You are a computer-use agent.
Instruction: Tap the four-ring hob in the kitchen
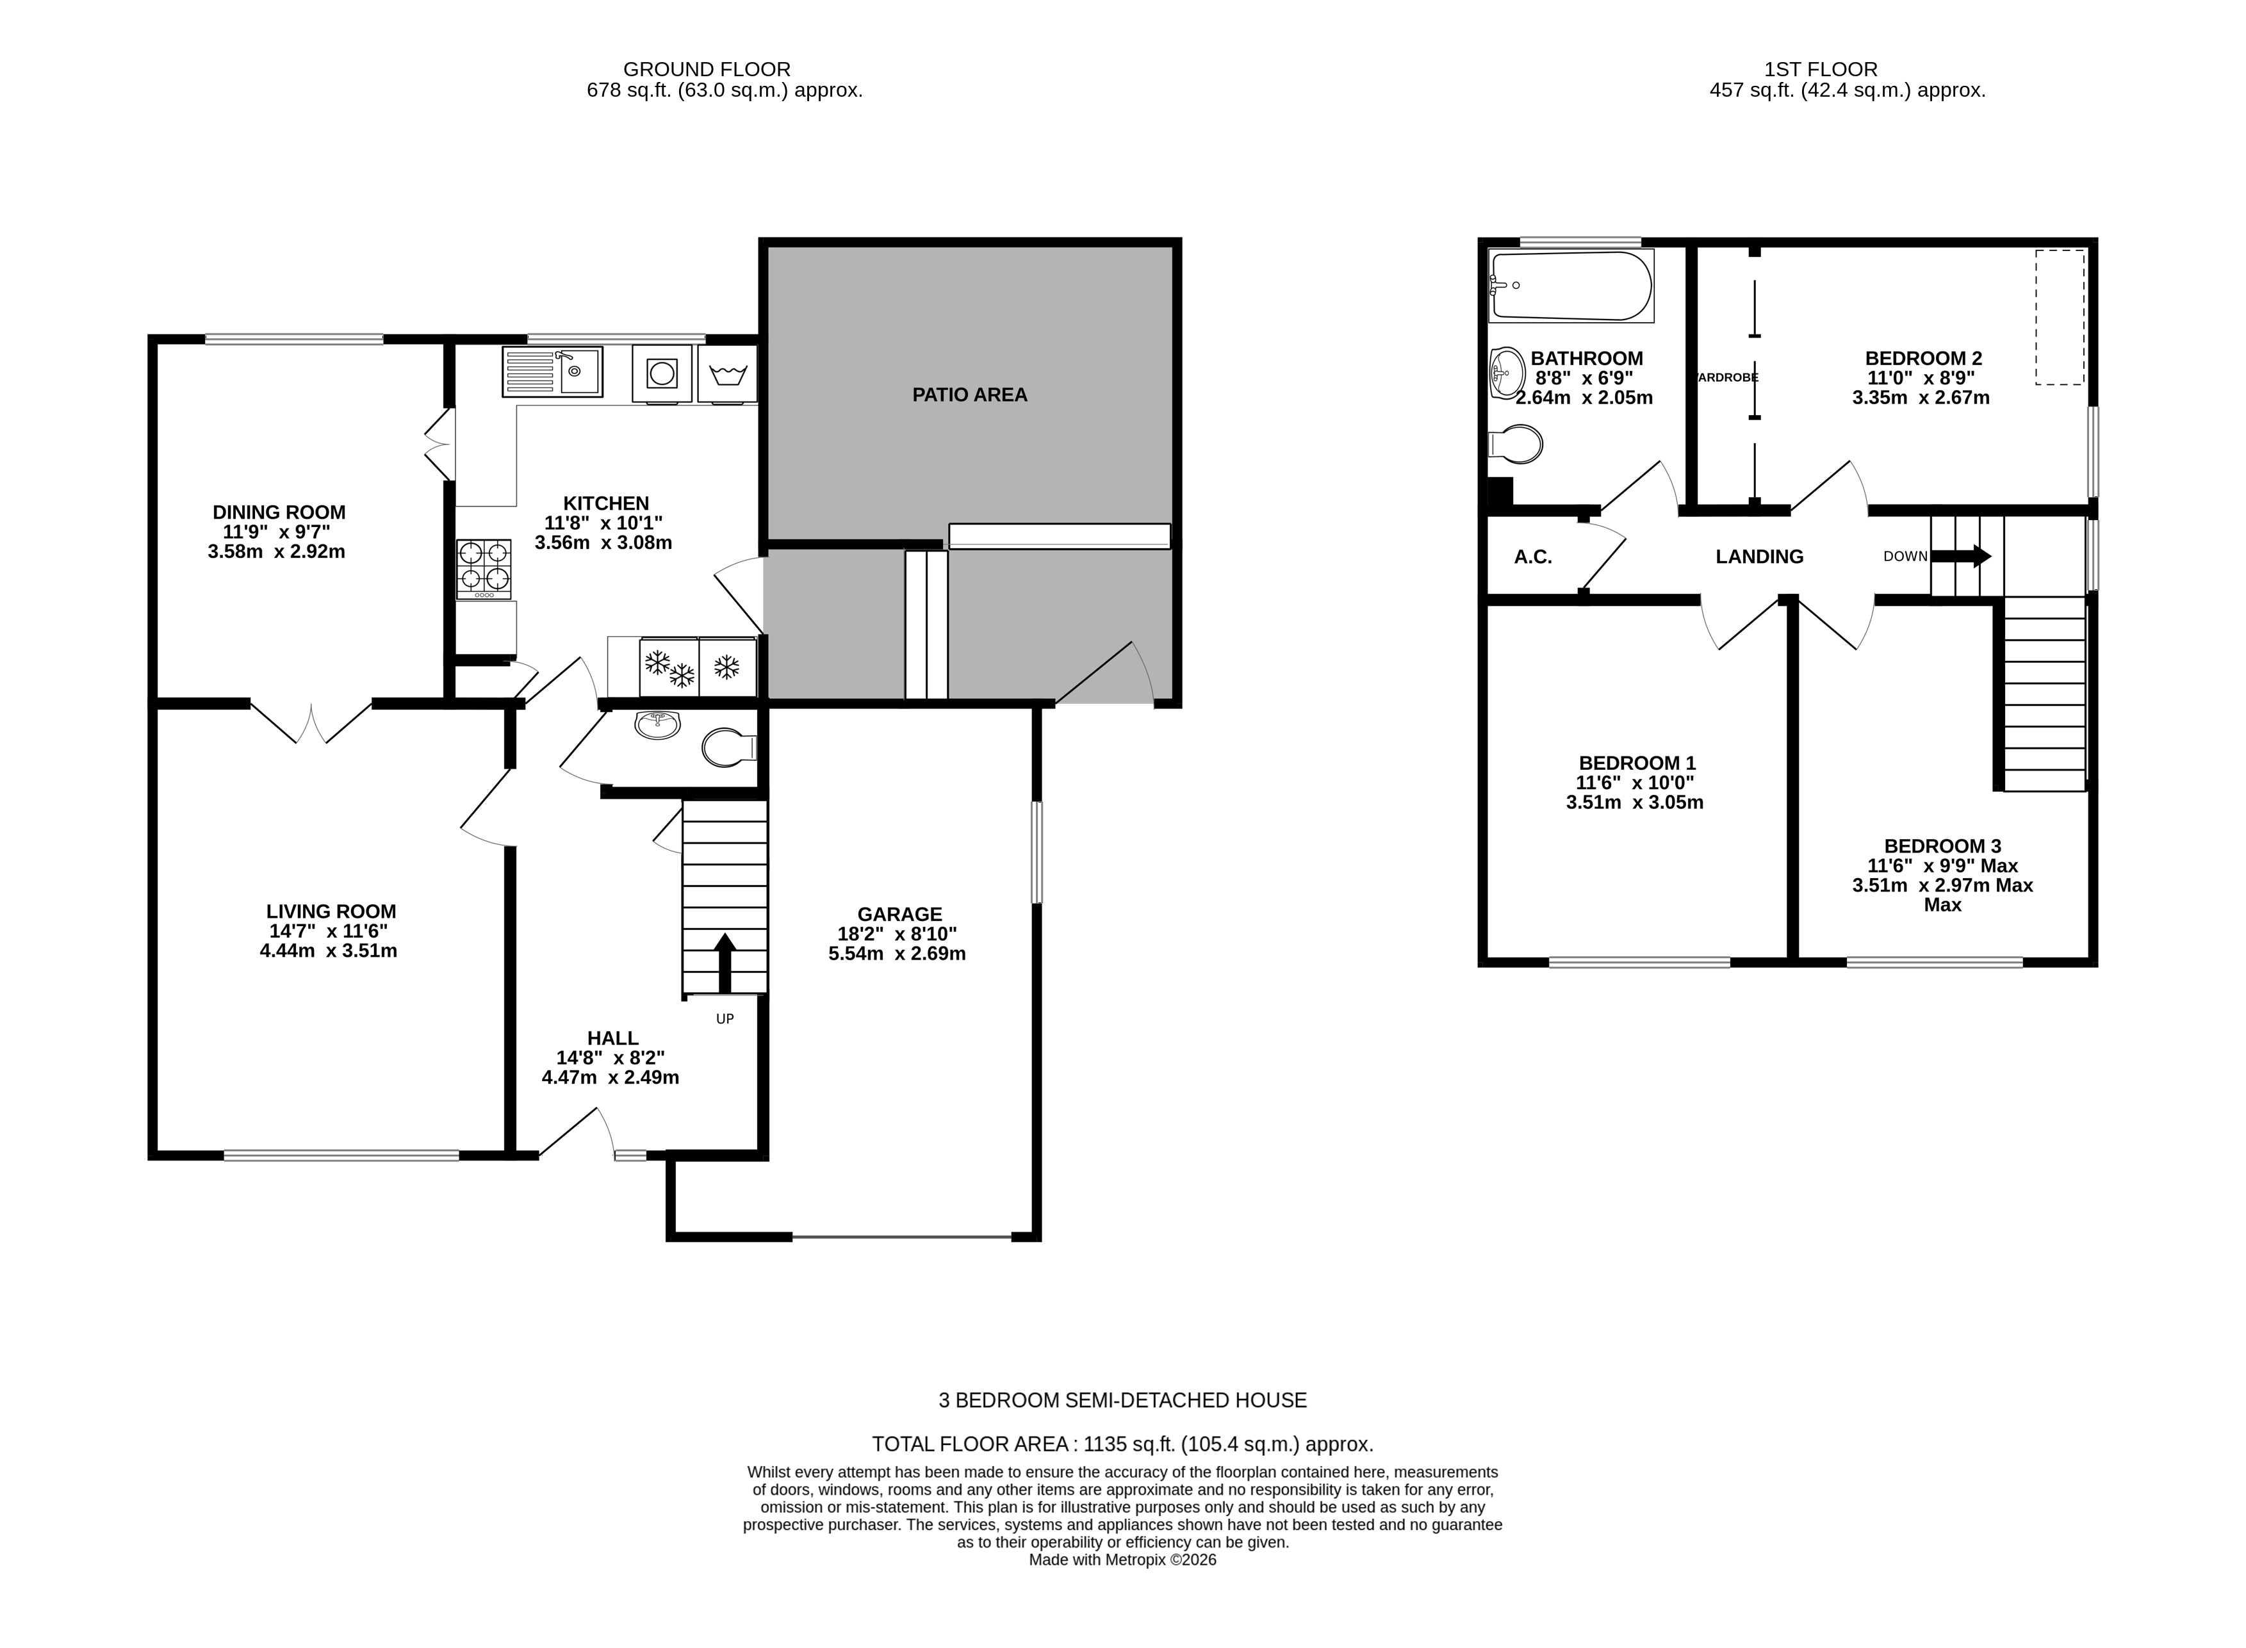coord(484,569)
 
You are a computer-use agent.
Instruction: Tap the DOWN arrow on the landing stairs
coord(1962,557)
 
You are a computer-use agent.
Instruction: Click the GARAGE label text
coord(899,915)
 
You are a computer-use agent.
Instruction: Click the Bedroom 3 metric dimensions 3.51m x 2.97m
coord(1942,886)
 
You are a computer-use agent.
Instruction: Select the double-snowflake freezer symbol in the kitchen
coord(669,667)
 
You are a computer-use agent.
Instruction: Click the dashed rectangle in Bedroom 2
coord(2060,317)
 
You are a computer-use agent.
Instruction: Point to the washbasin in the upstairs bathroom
coord(1507,373)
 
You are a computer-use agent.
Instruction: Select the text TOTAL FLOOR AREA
coord(969,1444)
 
